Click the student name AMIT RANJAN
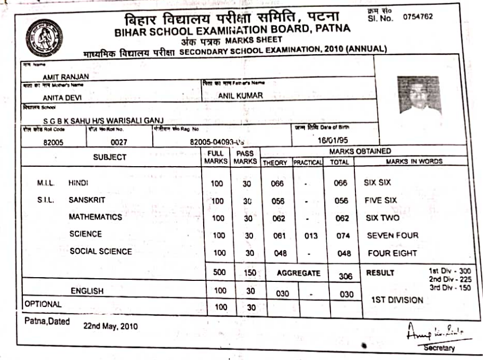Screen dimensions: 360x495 65,78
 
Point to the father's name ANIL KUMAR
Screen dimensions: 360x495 240,96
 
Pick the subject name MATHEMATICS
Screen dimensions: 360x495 95,217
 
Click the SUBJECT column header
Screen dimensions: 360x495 110,157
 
